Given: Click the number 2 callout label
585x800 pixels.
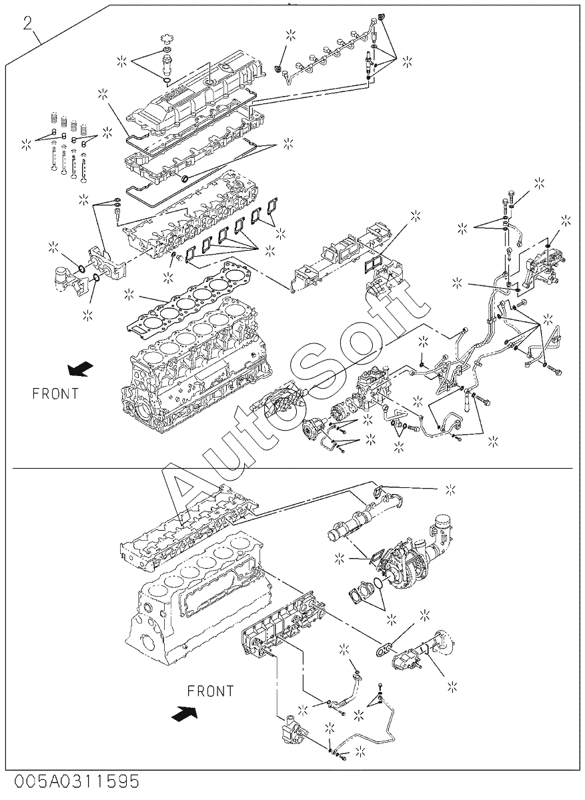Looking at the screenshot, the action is [28, 23].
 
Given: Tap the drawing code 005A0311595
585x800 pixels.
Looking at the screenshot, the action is [77, 789].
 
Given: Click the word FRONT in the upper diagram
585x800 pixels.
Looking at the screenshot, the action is [55, 393].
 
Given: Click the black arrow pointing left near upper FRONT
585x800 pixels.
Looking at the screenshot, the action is [81, 369].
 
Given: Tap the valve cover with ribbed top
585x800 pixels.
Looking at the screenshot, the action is [197, 96].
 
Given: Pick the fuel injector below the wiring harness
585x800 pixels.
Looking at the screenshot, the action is [369, 60].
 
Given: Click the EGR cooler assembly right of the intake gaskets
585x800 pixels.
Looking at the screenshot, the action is [343, 257].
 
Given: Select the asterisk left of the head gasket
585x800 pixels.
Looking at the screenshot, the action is [129, 295].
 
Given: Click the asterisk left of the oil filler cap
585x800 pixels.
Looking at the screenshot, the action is [122, 61].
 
